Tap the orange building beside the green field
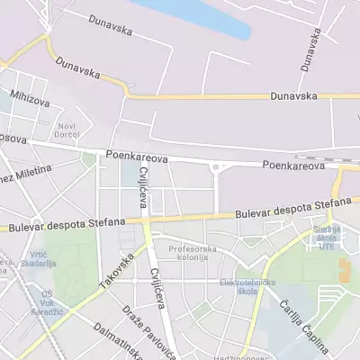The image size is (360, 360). pyautogui.click(x=344, y=268)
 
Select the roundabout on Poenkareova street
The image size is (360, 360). pyautogui.click(x=216, y=166)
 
